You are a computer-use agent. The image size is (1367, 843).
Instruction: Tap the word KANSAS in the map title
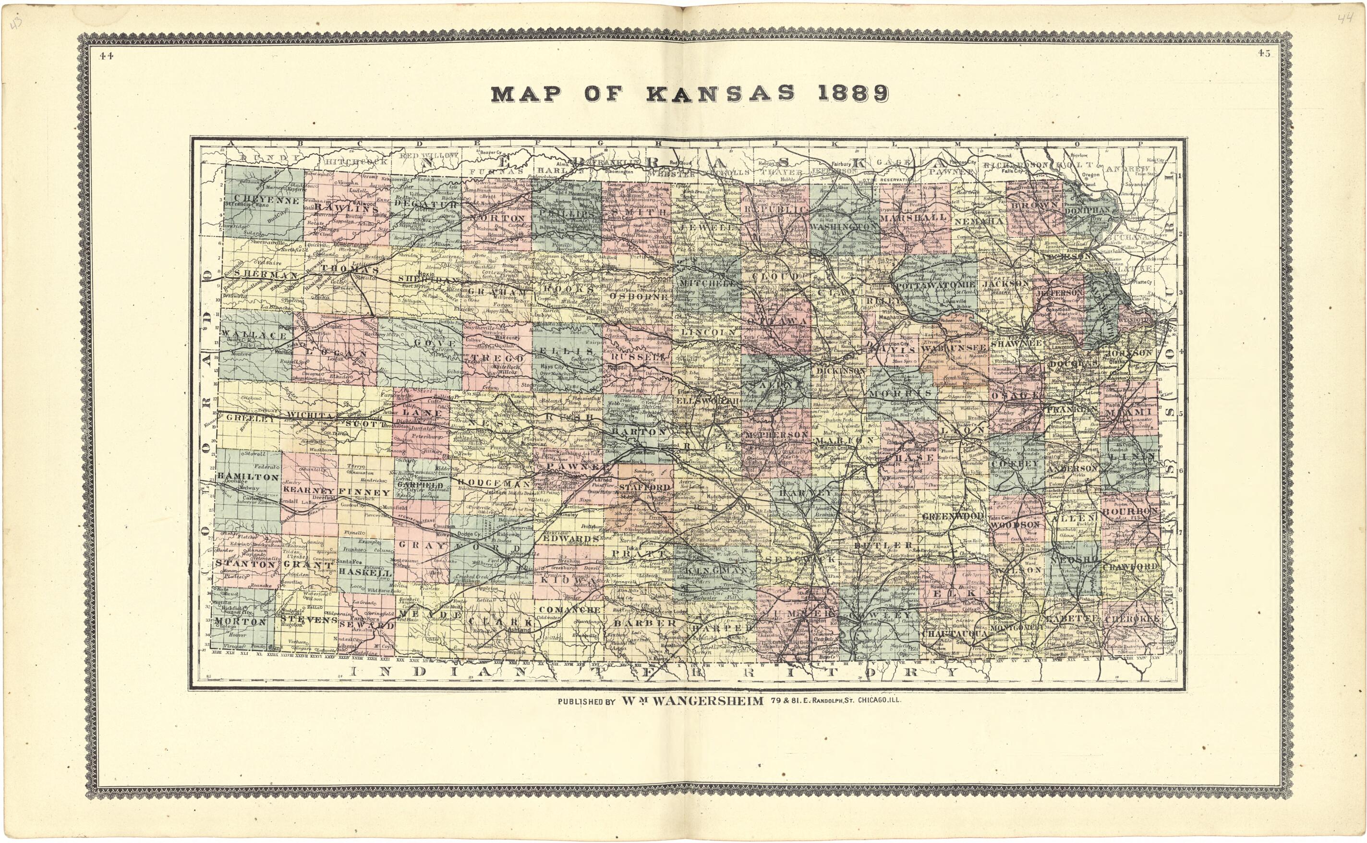tap(721, 93)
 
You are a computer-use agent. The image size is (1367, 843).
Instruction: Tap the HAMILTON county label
tap(247, 477)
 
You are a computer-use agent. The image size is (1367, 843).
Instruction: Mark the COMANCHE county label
tap(569, 610)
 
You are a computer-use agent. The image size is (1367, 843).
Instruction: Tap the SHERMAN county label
tap(257, 275)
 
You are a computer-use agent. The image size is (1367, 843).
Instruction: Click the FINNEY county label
tap(364, 492)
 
